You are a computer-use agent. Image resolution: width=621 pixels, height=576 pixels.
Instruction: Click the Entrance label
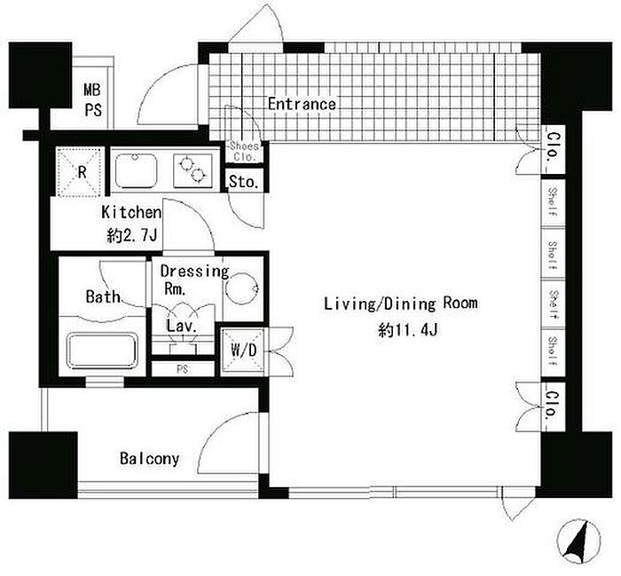(302, 104)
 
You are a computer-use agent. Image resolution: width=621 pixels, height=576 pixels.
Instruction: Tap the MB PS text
(92, 99)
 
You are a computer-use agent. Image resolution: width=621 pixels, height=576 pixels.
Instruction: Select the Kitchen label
(131, 212)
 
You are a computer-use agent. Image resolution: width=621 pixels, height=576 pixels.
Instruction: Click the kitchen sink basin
(136, 170)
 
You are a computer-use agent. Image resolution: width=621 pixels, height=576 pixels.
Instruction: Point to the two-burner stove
(193, 170)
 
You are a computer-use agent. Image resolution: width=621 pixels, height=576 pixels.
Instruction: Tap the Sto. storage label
(244, 182)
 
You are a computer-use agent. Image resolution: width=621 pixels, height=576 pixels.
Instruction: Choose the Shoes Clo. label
(244, 151)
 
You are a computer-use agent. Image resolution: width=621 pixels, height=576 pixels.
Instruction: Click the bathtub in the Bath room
(103, 351)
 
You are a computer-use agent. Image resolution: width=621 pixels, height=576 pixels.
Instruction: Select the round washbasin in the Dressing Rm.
(242, 288)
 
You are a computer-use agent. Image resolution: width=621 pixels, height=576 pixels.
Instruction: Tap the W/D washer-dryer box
(243, 351)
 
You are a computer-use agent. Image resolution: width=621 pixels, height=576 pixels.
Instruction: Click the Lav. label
(181, 326)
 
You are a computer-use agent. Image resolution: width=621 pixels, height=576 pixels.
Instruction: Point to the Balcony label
(149, 459)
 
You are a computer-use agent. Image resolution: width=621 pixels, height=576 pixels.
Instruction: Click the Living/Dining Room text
(401, 304)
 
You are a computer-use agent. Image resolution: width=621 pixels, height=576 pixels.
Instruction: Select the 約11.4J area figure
(408, 329)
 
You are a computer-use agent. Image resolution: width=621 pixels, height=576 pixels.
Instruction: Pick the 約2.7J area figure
(132, 236)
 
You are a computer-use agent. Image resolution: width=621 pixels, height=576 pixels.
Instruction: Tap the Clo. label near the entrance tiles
(554, 146)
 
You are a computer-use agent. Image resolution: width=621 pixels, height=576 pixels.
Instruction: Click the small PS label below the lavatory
(183, 369)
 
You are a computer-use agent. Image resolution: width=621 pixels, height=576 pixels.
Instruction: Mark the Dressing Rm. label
(194, 280)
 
